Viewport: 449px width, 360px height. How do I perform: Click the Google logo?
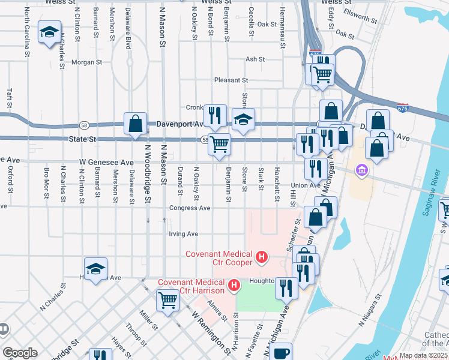click(x=20, y=353)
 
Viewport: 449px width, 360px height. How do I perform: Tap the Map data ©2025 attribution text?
click(x=423, y=355)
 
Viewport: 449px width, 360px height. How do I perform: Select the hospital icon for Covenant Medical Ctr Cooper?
click(x=261, y=258)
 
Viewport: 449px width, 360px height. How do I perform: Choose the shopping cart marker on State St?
click(x=220, y=144)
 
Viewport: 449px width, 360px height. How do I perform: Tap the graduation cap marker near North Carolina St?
click(x=49, y=32)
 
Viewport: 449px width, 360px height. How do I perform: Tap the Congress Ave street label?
click(x=190, y=208)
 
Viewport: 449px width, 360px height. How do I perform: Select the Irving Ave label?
click(x=184, y=234)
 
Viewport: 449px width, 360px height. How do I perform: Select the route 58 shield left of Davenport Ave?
click(x=83, y=125)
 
